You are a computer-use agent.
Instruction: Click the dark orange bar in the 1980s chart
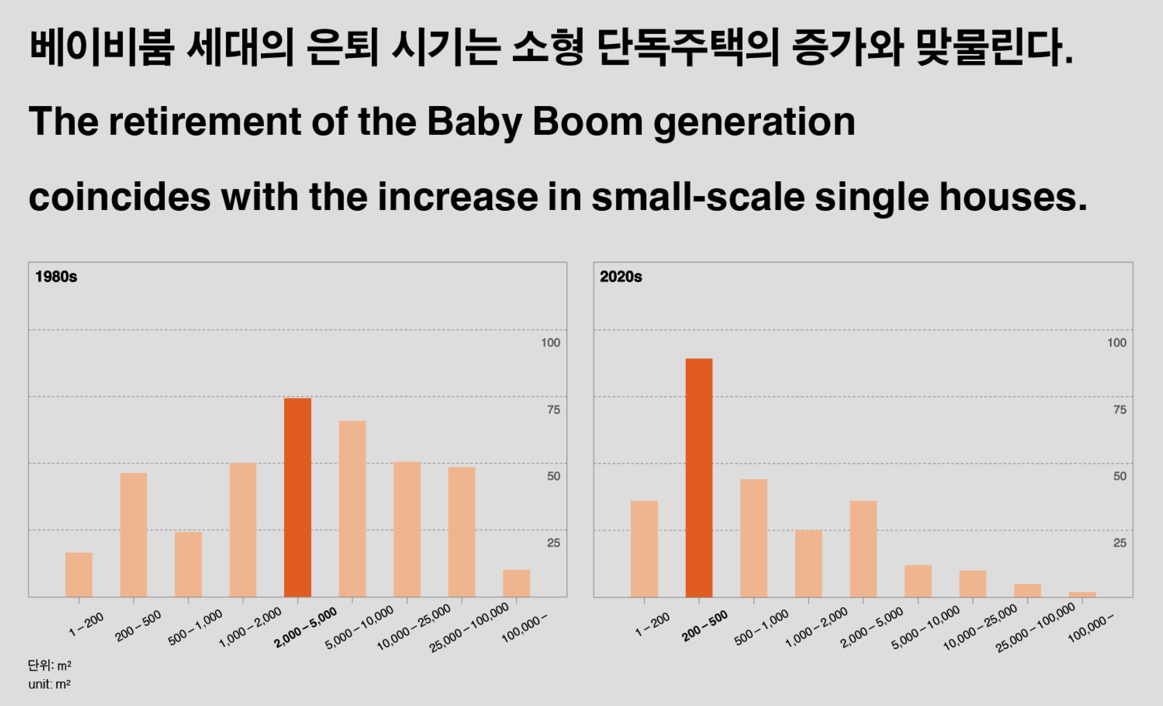297,497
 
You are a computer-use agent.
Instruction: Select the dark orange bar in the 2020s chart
699,477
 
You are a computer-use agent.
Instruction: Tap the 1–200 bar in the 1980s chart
79,575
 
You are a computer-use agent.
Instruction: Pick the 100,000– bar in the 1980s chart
516,583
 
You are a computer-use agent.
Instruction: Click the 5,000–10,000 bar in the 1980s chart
352,509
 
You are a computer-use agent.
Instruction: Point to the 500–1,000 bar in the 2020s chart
754,538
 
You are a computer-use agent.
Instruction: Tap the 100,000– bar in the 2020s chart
1082,594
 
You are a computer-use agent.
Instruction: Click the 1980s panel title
56,277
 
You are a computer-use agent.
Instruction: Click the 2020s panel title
621,277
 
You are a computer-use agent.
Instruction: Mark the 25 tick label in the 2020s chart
1119,543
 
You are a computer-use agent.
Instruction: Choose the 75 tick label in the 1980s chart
554,410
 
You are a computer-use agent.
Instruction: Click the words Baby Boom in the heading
535,122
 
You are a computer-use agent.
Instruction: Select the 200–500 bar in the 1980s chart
134,535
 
